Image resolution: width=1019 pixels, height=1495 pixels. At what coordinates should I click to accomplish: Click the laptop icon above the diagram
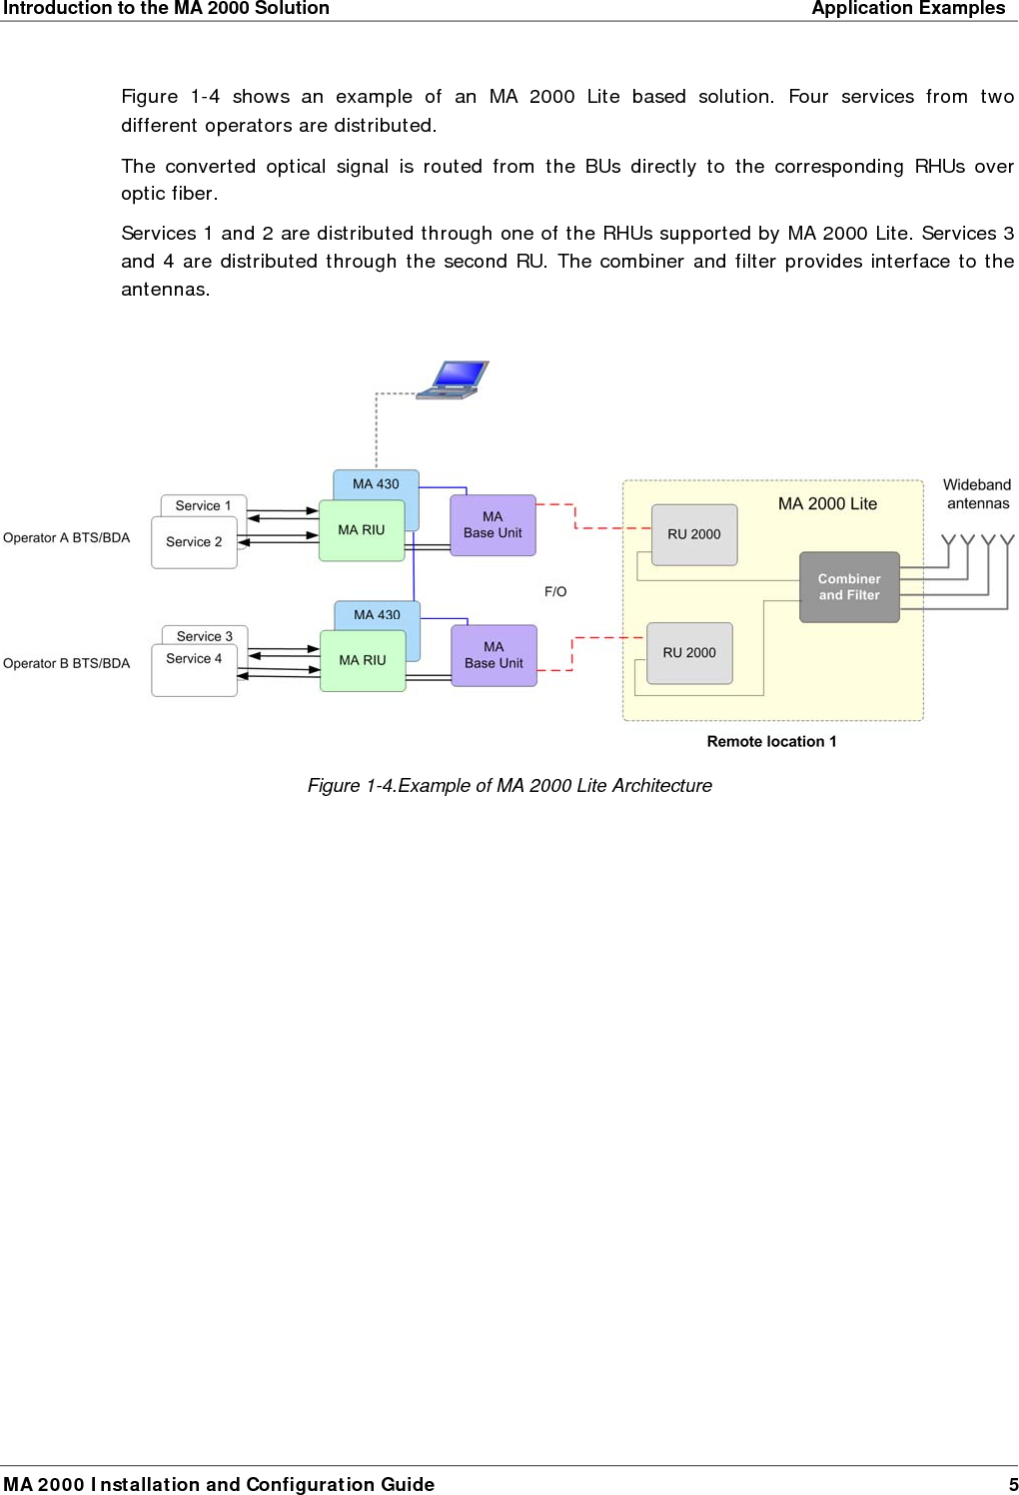[x=455, y=379]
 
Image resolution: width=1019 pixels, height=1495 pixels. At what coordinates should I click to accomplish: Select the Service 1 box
[x=203, y=505]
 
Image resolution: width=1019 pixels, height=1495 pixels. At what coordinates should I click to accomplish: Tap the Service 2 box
[x=194, y=542]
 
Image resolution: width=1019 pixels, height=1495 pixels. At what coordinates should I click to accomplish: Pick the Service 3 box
[x=204, y=636]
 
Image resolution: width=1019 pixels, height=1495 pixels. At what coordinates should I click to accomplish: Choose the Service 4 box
[x=194, y=669]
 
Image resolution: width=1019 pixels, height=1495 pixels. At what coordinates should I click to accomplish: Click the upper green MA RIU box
[x=361, y=530]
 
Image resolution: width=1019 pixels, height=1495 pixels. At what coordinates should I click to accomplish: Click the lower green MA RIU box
[x=362, y=660]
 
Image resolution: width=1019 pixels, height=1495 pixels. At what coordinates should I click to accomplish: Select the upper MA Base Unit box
[x=493, y=525]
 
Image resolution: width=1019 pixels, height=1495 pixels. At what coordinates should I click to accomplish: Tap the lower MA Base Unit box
[x=494, y=655]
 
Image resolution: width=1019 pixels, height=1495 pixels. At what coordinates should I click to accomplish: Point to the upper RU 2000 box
[x=693, y=534]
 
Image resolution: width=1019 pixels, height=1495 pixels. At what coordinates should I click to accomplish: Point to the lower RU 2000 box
[x=689, y=653]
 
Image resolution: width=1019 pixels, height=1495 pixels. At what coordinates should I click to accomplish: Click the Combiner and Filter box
[x=849, y=587]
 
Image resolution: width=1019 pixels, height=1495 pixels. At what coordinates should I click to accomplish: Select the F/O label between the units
[x=555, y=592]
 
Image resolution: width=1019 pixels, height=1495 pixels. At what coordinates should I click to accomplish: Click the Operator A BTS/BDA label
[x=67, y=538]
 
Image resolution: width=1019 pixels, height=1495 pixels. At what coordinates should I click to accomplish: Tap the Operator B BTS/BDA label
[x=67, y=663]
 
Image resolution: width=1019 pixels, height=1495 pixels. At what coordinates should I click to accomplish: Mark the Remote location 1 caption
[x=771, y=741]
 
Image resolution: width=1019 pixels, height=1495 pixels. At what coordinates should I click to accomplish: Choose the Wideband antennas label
[x=977, y=494]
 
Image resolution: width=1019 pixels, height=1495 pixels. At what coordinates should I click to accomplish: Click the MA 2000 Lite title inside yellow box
[x=827, y=504]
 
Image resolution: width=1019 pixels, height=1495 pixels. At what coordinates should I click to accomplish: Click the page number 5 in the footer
[x=1012, y=1484]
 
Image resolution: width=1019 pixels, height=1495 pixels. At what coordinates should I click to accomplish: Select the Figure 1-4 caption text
[x=509, y=786]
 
